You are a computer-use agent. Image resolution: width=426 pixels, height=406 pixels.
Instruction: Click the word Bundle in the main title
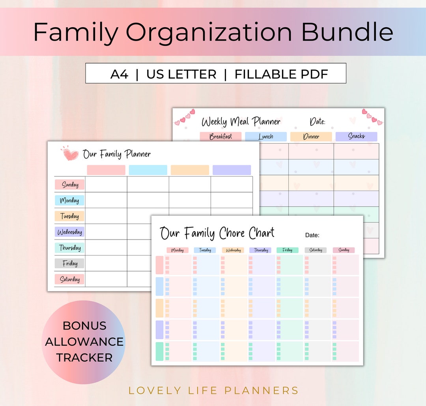347,32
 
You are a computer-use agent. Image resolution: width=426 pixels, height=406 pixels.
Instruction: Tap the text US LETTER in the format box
181,74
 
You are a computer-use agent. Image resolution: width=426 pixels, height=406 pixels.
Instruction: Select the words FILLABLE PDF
281,74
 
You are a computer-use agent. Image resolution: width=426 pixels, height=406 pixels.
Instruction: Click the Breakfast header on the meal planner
220,137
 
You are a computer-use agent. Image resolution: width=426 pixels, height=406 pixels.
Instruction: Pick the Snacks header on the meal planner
356,136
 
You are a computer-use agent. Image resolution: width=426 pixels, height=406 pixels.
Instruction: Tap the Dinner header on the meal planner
311,137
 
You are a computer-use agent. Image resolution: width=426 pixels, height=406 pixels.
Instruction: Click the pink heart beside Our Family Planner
71,153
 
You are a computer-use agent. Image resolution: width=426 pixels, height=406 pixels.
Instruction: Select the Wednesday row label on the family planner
69,232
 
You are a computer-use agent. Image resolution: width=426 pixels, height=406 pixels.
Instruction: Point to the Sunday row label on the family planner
69,185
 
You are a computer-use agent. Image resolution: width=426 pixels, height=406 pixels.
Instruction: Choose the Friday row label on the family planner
69,264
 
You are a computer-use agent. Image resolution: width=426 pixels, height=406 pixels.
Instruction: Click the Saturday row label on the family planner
69,279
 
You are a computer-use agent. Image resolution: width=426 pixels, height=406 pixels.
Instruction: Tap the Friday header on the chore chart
287,250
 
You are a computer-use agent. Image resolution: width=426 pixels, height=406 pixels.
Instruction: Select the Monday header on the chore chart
177,250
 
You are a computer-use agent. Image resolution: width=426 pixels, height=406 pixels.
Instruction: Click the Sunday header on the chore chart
344,250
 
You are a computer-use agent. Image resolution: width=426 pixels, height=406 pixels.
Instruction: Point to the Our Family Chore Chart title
217,233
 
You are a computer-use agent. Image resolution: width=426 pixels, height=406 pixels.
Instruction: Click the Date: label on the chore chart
312,235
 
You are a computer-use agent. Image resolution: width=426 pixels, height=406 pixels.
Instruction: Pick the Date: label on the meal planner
317,122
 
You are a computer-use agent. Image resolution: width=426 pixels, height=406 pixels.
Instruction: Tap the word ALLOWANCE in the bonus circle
84,342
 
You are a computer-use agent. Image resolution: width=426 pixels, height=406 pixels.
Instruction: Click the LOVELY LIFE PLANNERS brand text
213,391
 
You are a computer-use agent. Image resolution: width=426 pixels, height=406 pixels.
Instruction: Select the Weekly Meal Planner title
241,122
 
